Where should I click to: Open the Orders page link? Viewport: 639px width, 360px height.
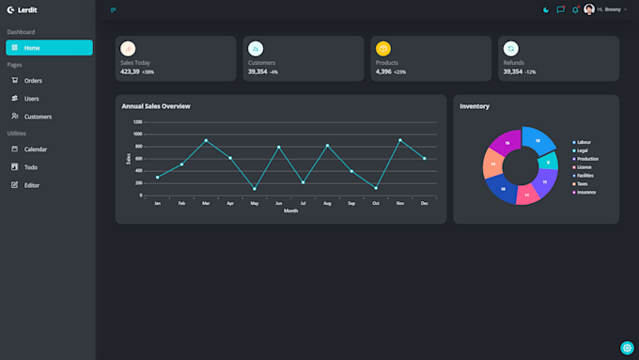click(33, 81)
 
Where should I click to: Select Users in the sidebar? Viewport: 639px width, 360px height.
click(31, 99)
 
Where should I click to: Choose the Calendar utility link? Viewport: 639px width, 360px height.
click(36, 149)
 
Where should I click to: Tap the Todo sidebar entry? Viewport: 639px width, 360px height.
click(31, 167)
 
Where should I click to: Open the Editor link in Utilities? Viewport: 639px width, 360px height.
click(32, 185)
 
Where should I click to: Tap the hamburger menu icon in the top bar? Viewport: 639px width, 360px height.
click(114, 10)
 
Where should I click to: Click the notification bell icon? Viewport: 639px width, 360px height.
click(575, 10)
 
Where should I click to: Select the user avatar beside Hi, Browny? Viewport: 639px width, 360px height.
click(589, 9)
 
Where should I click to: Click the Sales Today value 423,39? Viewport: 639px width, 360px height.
click(130, 71)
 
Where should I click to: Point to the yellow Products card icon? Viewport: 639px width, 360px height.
click(383, 48)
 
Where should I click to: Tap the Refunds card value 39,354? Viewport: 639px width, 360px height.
click(512, 71)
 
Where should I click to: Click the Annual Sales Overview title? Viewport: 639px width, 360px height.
click(156, 106)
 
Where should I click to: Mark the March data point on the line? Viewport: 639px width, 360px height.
click(206, 140)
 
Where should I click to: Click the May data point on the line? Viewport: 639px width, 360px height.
click(255, 189)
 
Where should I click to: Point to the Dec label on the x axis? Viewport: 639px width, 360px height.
click(425, 203)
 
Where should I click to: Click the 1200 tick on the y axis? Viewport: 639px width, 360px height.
click(137, 122)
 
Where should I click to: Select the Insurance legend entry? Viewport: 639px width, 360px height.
click(585, 193)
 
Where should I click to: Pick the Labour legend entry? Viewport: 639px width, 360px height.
click(584, 142)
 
